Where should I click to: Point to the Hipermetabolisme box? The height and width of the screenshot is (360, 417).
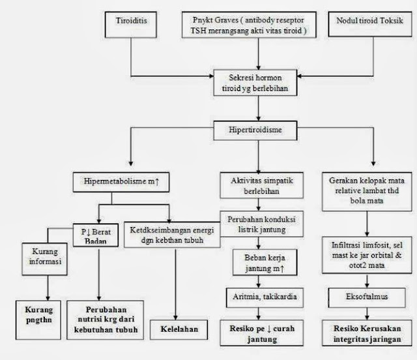pos(122,179)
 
